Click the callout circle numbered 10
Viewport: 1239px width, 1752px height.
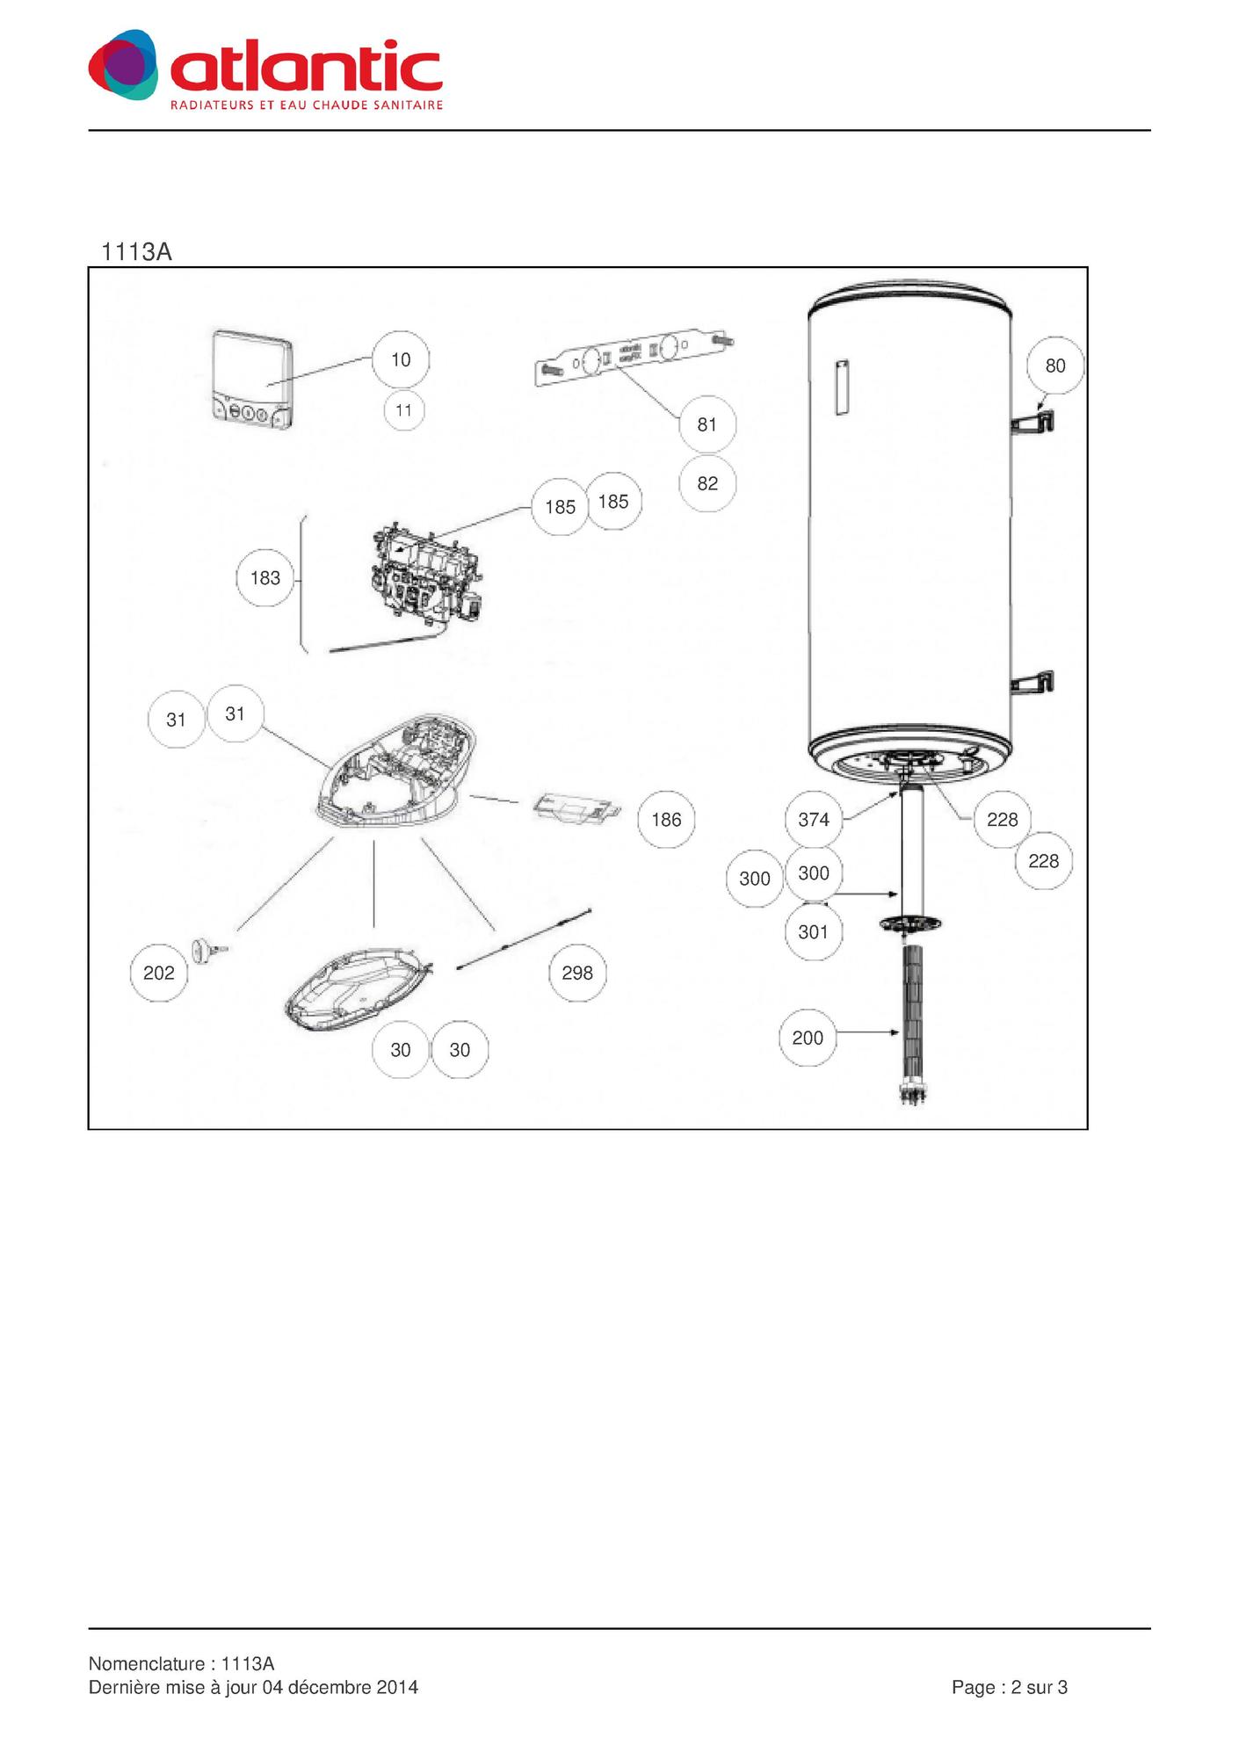point(401,359)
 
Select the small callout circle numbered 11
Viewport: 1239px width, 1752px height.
point(404,410)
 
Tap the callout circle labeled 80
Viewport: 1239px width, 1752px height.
point(1055,366)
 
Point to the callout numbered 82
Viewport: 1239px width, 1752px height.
point(707,483)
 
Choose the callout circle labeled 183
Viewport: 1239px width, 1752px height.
point(265,578)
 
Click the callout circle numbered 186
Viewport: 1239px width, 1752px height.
point(666,820)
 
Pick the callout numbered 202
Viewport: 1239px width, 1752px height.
point(159,973)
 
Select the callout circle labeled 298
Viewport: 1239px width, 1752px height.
point(577,973)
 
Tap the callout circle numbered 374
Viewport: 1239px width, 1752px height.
point(814,820)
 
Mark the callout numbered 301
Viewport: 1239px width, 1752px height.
point(814,931)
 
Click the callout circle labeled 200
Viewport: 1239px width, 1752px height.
point(808,1038)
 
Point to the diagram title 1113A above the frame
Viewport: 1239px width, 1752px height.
point(136,252)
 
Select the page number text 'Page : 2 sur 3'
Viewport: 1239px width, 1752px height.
point(1010,1687)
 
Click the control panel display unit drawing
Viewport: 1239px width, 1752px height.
point(251,380)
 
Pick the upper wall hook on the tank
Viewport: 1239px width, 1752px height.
point(1033,423)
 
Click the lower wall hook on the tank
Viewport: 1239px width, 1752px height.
point(1033,684)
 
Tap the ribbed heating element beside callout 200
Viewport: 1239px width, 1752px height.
point(913,1024)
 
